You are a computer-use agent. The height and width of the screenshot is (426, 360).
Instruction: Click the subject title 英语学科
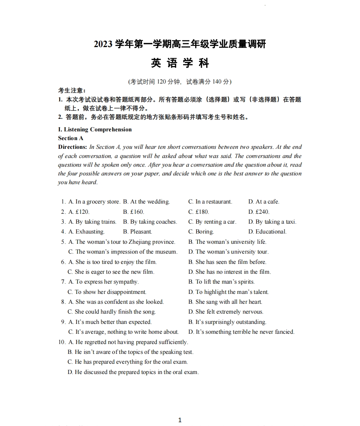coord(180,63)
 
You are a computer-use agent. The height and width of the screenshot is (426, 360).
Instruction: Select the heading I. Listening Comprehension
coord(95,129)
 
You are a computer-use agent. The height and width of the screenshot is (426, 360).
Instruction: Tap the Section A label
coord(71,138)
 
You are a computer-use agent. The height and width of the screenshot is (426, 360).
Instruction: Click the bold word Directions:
coord(73,147)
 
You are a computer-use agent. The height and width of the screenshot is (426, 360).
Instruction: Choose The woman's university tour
coord(228,252)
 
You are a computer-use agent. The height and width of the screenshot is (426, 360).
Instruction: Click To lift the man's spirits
coord(221,282)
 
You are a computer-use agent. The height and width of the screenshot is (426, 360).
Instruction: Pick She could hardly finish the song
coord(112,312)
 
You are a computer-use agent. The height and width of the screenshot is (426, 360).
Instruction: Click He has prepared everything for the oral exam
coord(128,362)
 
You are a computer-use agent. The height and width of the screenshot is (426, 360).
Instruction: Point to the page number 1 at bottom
coord(180,420)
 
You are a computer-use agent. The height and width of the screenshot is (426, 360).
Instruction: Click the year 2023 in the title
coord(103,44)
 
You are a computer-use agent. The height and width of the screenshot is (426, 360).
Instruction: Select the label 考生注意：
coord(72,90)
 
